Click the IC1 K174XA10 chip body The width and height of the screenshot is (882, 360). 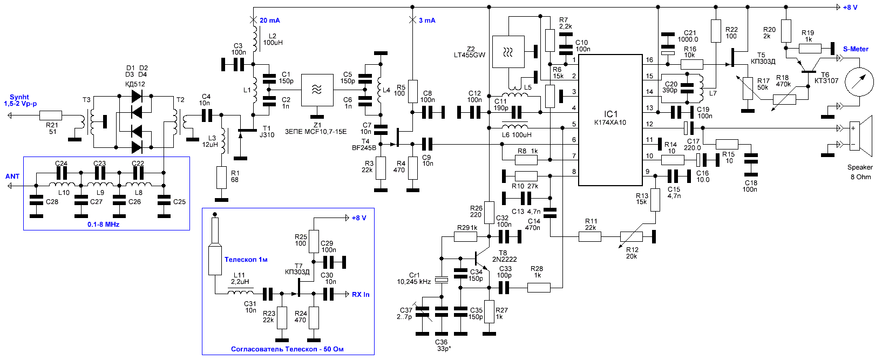(610, 120)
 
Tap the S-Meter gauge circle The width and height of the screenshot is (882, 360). (860, 82)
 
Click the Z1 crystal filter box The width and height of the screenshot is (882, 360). (317, 90)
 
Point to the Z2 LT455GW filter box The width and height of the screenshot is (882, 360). (508, 52)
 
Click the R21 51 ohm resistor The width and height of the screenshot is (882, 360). (51, 116)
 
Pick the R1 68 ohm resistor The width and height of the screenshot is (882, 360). (222, 178)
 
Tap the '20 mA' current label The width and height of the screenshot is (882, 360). (270, 20)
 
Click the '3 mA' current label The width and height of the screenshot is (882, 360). (427, 20)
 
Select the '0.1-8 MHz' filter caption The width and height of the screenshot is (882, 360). (103, 225)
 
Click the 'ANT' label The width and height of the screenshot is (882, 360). (12, 176)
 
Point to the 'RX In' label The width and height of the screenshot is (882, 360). (361, 294)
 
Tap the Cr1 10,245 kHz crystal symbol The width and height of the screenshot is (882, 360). (442, 280)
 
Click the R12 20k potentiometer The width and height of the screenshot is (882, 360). (631, 237)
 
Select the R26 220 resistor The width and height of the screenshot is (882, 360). (489, 213)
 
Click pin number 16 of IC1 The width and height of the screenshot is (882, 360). (649, 60)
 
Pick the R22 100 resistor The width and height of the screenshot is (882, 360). (716, 31)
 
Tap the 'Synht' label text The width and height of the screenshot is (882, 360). (19, 97)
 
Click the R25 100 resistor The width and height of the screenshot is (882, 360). (314, 241)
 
